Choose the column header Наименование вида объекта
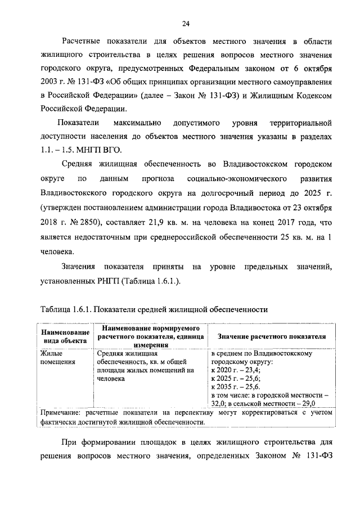point(64,336)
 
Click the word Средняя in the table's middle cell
point(111,354)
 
